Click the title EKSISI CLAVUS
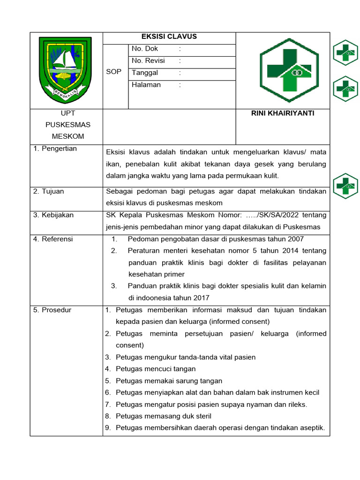(x=169, y=37)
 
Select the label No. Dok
(x=145, y=49)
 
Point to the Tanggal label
(x=145, y=73)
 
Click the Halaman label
(x=146, y=85)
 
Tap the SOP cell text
(x=114, y=72)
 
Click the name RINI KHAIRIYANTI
(x=283, y=113)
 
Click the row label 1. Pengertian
(x=55, y=149)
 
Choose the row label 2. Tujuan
(x=48, y=191)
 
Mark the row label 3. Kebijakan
(x=53, y=215)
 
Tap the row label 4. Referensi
(x=53, y=239)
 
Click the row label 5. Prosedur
(x=52, y=310)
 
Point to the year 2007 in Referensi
(x=295, y=239)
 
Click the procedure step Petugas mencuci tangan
(x=156, y=369)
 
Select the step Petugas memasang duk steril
(x=163, y=416)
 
